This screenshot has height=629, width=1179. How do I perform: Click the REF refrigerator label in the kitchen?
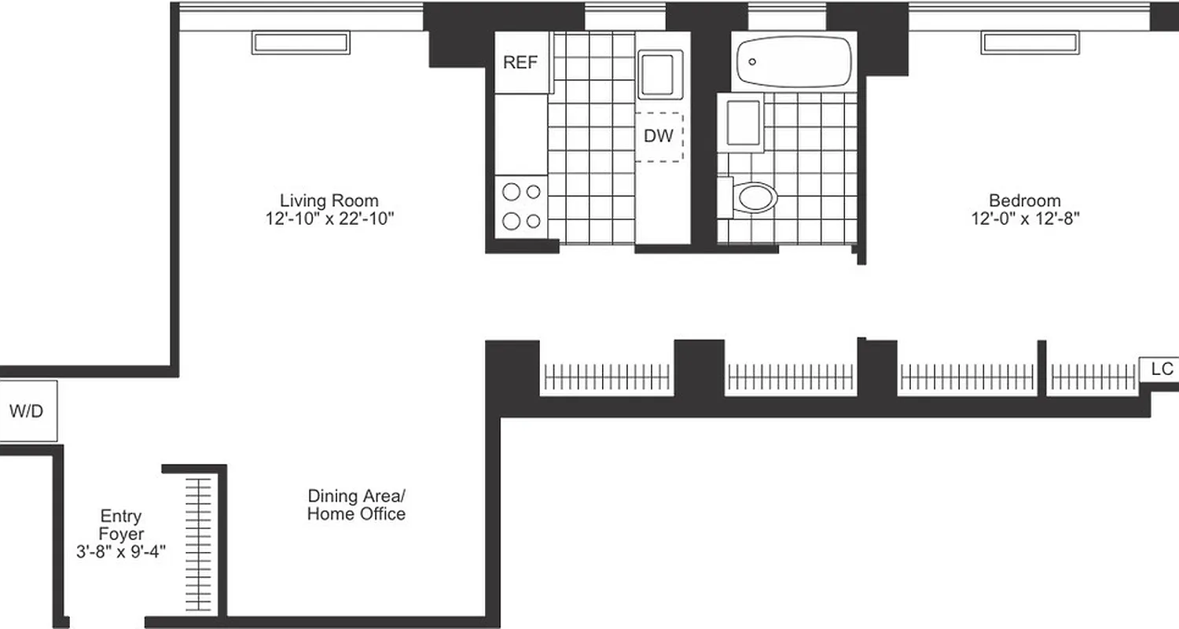point(520,63)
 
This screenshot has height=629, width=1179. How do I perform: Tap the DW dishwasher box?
point(659,136)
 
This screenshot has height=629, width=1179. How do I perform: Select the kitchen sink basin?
point(659,73)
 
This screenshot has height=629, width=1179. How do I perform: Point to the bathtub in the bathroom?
point(793,61)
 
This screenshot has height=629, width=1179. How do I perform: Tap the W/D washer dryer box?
point(27,411)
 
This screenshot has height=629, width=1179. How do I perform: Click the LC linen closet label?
point(1161,369)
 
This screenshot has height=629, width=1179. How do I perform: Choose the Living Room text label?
point(329,200)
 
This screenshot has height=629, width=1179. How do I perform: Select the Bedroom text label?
point(1024,200)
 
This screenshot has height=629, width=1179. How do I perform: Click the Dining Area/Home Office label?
point(356,505)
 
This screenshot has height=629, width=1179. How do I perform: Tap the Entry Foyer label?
point(121,525)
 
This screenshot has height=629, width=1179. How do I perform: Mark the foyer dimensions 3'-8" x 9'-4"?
point(121,553)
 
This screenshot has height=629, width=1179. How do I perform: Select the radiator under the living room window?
point(299,42)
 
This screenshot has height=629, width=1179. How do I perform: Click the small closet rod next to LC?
point(1093,378)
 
